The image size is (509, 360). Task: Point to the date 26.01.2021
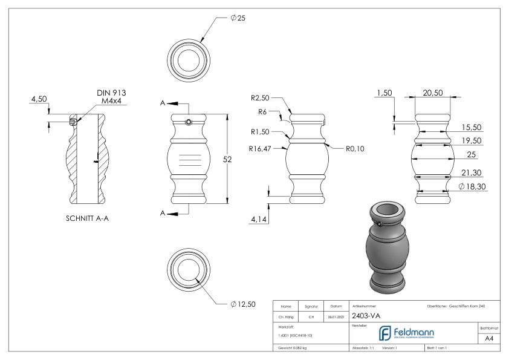tap(336, 316)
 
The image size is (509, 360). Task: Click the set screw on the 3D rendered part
tap(379, 224)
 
